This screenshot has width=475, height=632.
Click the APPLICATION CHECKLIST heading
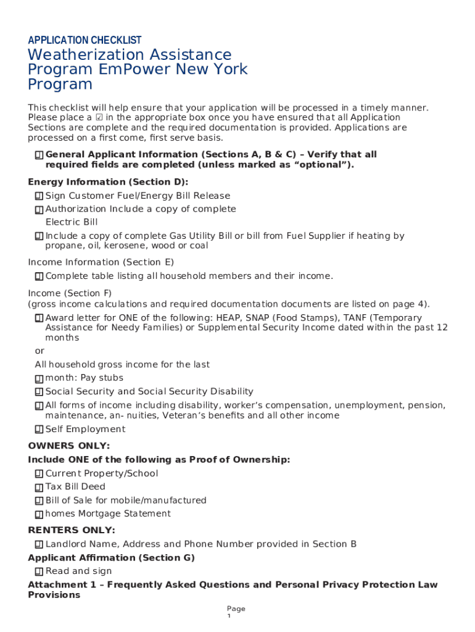pyautogui.click(x=85, y=40)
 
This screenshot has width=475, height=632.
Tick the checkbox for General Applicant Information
pyautogui.click(x=39, y=155)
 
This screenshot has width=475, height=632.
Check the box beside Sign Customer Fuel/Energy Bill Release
pyautogui.click(x=39, y=196)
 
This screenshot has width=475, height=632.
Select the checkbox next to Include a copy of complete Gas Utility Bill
pyautogui.click(x=39, y=236)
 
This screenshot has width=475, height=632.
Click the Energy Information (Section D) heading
pyautogui.click(x=108, y=182)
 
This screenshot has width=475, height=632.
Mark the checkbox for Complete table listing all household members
pyautogui.click(x=39, y=276)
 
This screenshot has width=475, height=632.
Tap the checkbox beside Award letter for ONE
pyautogui.click(x=39, y=318)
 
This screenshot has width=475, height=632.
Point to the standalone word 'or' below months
pyautogui.click(x=39, y=351)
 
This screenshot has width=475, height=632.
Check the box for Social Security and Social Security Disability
pyautogui.click(x=39, y=392)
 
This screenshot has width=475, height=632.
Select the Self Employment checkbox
pyautogui.click(x=39, y=430)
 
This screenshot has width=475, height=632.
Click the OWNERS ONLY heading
pyautogui.click(x=69, y=446)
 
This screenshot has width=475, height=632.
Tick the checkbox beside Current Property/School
pyautogui.click(x=39, y=474)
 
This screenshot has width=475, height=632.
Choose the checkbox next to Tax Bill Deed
pyautogui.click(x=39, y=488)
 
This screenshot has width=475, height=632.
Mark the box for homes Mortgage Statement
pyautogui.click(x=39, y=514)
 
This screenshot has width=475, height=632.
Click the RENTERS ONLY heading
pyautogui.click(x=72, y=530)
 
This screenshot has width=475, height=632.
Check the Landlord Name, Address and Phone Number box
pyautogui.click(x=39, y=544)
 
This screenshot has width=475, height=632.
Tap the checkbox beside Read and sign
pyautogui.click(x=39, y=572)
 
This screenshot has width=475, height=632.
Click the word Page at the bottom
pyautogui.click(x=236, y=609)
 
